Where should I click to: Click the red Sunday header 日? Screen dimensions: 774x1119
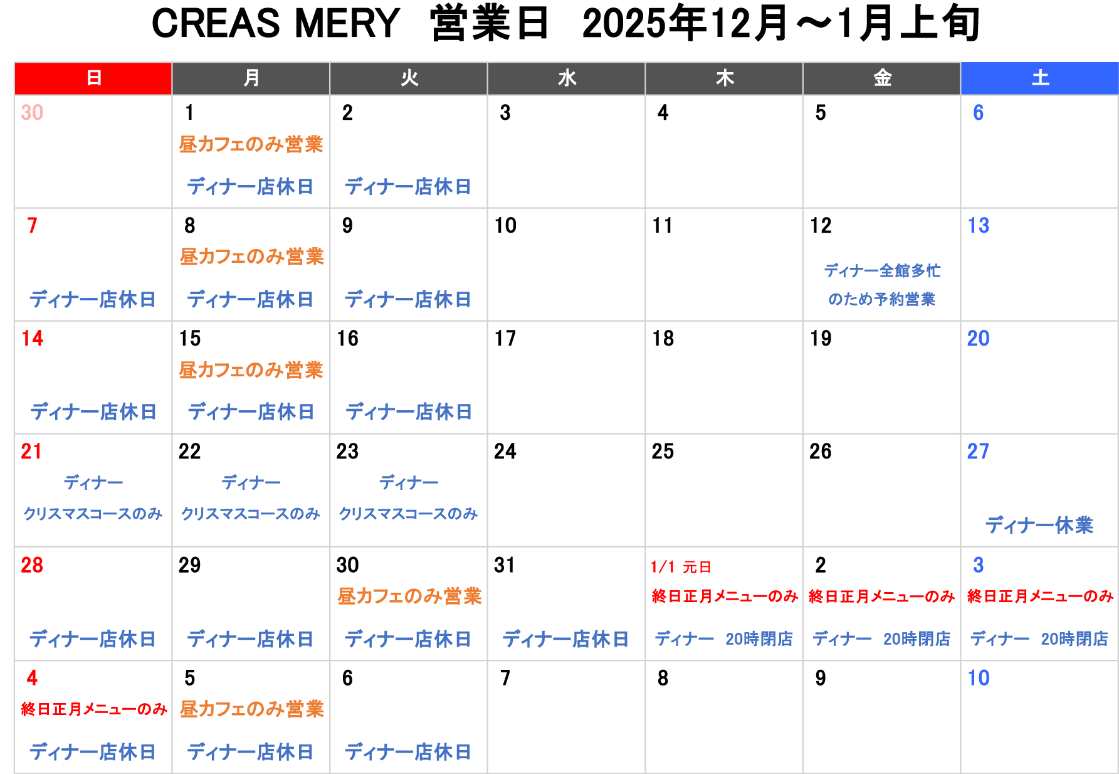[93, 78]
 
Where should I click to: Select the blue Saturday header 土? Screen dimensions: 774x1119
[1040, 78]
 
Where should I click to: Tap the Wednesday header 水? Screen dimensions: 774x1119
[567, 78]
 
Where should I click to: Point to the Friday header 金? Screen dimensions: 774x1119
[882, 78]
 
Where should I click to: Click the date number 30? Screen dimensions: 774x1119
[32, 113]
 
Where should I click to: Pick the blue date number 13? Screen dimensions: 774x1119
[978, 226]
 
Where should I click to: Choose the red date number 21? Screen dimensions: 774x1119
[31, 452]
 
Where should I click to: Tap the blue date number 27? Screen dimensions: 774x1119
[978, 452]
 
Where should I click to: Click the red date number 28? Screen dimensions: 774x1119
[32, 565]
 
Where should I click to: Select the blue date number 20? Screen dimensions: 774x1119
[978, 339]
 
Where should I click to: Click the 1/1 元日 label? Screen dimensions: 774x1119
[681, 567]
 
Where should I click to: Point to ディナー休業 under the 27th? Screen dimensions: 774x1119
[1039, 525]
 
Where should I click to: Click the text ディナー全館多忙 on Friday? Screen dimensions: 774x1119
[882, 271]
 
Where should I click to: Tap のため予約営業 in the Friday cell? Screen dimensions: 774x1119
[881, 299]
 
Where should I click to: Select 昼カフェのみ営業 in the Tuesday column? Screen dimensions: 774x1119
[409, 596]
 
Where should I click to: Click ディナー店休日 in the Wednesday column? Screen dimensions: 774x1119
[565, 639]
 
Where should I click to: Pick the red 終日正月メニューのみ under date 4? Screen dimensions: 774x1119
[94, 709]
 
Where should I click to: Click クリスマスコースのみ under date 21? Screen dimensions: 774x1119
[93, 514]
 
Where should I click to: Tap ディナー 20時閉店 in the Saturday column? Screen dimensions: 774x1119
[1039, 639]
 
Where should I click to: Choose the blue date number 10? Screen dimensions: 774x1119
[978, 678]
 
